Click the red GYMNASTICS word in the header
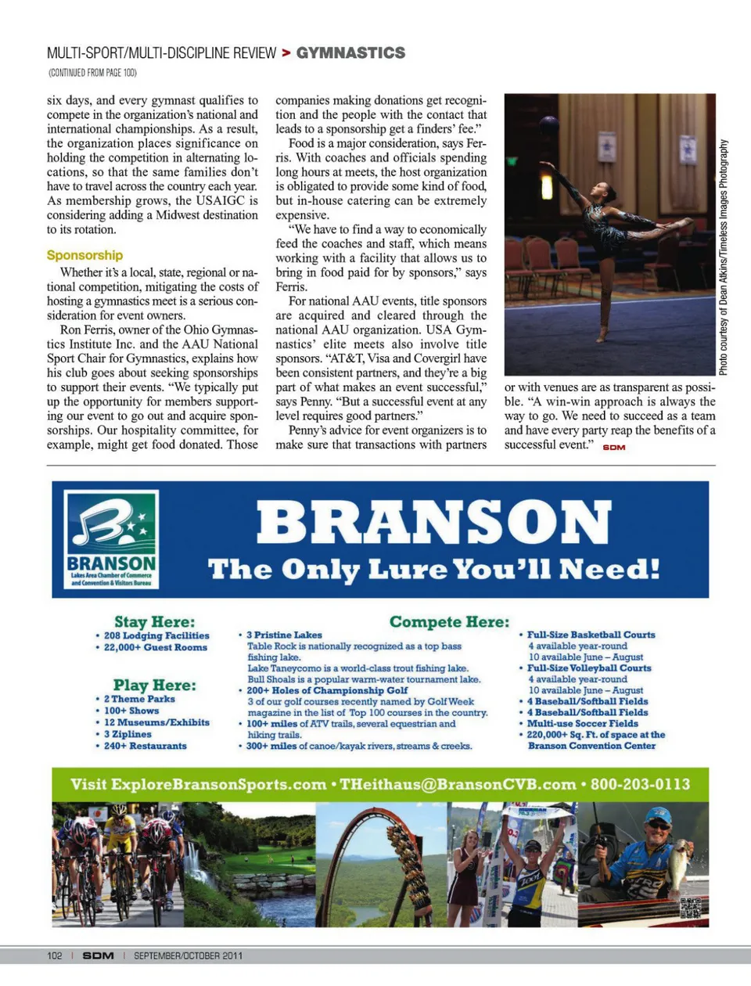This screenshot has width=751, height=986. click(350, 53)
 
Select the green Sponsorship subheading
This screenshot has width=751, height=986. click(84, 255)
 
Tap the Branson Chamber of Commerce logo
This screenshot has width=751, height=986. click(111, 539)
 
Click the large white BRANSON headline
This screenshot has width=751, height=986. click(433, 523)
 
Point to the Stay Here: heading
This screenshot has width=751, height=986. click(154, 622)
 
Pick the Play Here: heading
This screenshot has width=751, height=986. click(154, 686)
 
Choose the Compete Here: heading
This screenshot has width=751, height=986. click(449, 622)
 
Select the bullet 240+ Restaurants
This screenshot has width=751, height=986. click(145, 746)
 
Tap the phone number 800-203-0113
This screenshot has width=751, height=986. click(640, 784)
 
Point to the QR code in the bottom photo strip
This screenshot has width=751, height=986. click(690, 909)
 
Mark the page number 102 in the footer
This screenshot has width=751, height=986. click(55, 955)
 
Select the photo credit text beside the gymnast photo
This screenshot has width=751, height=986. click(724, 257)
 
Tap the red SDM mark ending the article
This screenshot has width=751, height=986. click(614, 447)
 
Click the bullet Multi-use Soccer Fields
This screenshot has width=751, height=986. click(582, 724)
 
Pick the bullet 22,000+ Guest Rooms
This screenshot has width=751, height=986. click(155, 648)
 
